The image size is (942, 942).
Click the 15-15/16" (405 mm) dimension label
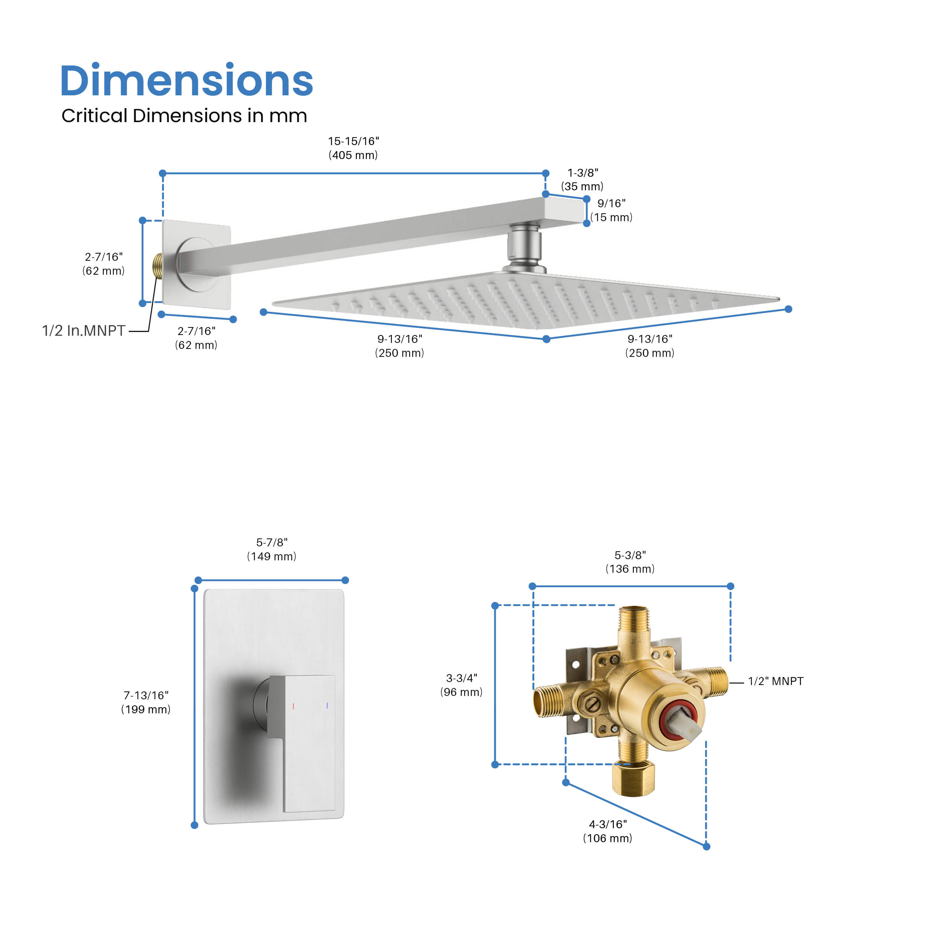point(353,148)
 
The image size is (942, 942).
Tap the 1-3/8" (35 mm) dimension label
point(582,179)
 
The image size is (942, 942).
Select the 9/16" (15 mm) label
point(612,210)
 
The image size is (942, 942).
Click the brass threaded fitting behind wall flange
point(158,266)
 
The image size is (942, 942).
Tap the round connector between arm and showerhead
point(524,246)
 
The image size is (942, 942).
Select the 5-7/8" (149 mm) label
point(272,549)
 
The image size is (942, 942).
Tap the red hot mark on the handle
point(293,706)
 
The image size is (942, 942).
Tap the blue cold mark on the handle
point(327,705)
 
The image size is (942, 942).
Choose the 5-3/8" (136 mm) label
point(630,562)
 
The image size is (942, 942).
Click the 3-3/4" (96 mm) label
point(461,685)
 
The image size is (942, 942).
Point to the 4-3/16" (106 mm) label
point(607,831)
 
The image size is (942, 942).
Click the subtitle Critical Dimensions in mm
point(184,116)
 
